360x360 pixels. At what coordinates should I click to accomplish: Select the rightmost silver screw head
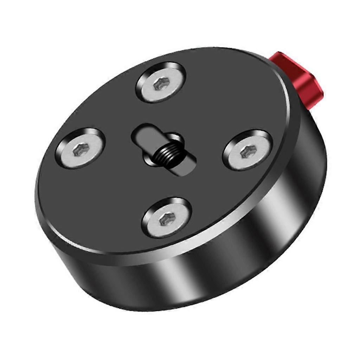247,150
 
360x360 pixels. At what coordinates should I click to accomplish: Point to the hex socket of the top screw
162,83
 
